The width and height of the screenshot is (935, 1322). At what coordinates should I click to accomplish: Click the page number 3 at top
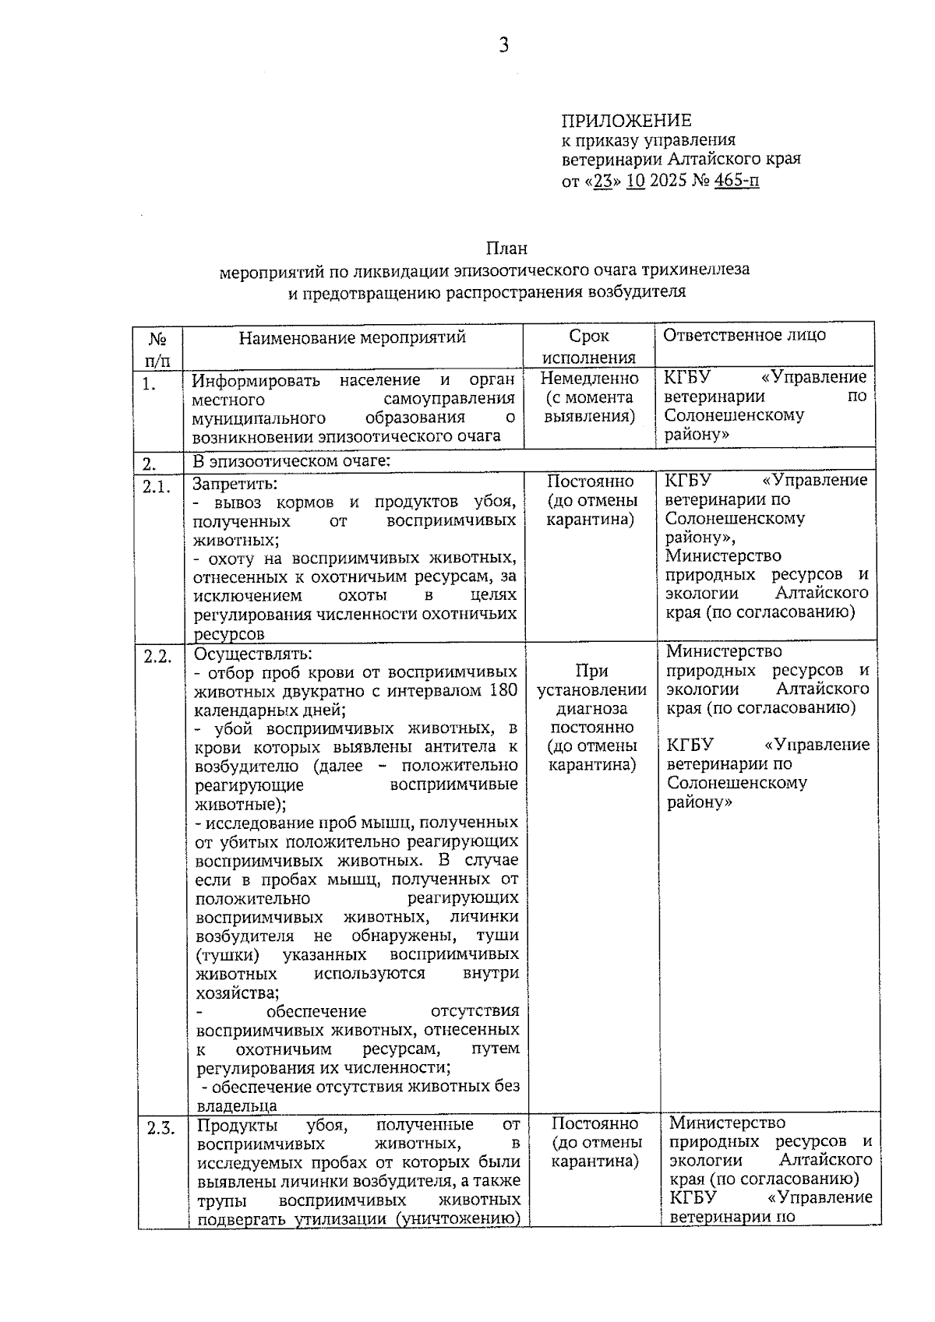504,45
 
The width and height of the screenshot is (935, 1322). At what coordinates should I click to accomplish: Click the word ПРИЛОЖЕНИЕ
626,121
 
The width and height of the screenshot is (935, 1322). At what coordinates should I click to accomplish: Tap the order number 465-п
736,182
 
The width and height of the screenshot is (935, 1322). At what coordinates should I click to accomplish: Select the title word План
507,249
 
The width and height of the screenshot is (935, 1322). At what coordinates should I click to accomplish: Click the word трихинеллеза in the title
696,270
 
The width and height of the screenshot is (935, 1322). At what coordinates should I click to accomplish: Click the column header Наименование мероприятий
352,337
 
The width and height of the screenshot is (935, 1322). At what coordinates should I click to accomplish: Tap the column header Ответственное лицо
744,335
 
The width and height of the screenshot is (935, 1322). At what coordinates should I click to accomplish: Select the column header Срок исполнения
589,347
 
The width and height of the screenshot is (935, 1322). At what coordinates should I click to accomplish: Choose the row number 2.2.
157,656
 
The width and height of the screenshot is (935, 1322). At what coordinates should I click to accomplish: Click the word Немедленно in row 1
590,379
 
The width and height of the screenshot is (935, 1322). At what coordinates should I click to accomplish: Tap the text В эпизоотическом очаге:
291,461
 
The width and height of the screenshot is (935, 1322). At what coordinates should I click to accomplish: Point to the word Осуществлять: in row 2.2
243,653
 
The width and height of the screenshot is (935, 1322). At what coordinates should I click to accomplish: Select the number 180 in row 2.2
503,690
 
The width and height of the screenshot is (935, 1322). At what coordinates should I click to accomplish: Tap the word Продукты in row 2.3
235,1125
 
